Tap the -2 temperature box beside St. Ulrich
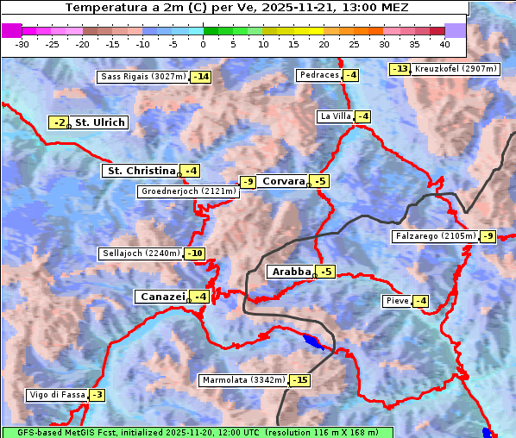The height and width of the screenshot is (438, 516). coord(58,123)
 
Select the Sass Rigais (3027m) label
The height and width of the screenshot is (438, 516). coord(142,77)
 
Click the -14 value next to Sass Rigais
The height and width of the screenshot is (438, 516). coord(201,77)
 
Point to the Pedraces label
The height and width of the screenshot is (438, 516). coord(318,75)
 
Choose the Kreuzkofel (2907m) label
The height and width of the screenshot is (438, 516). coord(456,69)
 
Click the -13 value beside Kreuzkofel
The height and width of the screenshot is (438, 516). coord(400,69)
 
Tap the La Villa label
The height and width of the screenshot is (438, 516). coord(335,116)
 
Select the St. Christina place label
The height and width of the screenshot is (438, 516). coord(140,171)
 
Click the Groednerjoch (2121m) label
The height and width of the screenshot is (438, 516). coord(188,191)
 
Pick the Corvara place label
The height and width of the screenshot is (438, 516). coord(283,181)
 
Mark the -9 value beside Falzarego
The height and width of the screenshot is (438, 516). coord(488,236)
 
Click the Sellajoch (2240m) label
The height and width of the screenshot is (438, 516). coord(141,253)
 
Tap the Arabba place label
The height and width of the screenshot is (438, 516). coord(290,272)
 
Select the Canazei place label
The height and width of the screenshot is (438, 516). coord(161,297)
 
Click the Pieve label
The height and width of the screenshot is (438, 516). coord(397,301)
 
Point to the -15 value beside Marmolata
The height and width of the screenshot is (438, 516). coord(299,380)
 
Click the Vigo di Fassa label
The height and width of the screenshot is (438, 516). coord(57,395)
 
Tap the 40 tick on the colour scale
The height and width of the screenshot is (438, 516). coord(444,43)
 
